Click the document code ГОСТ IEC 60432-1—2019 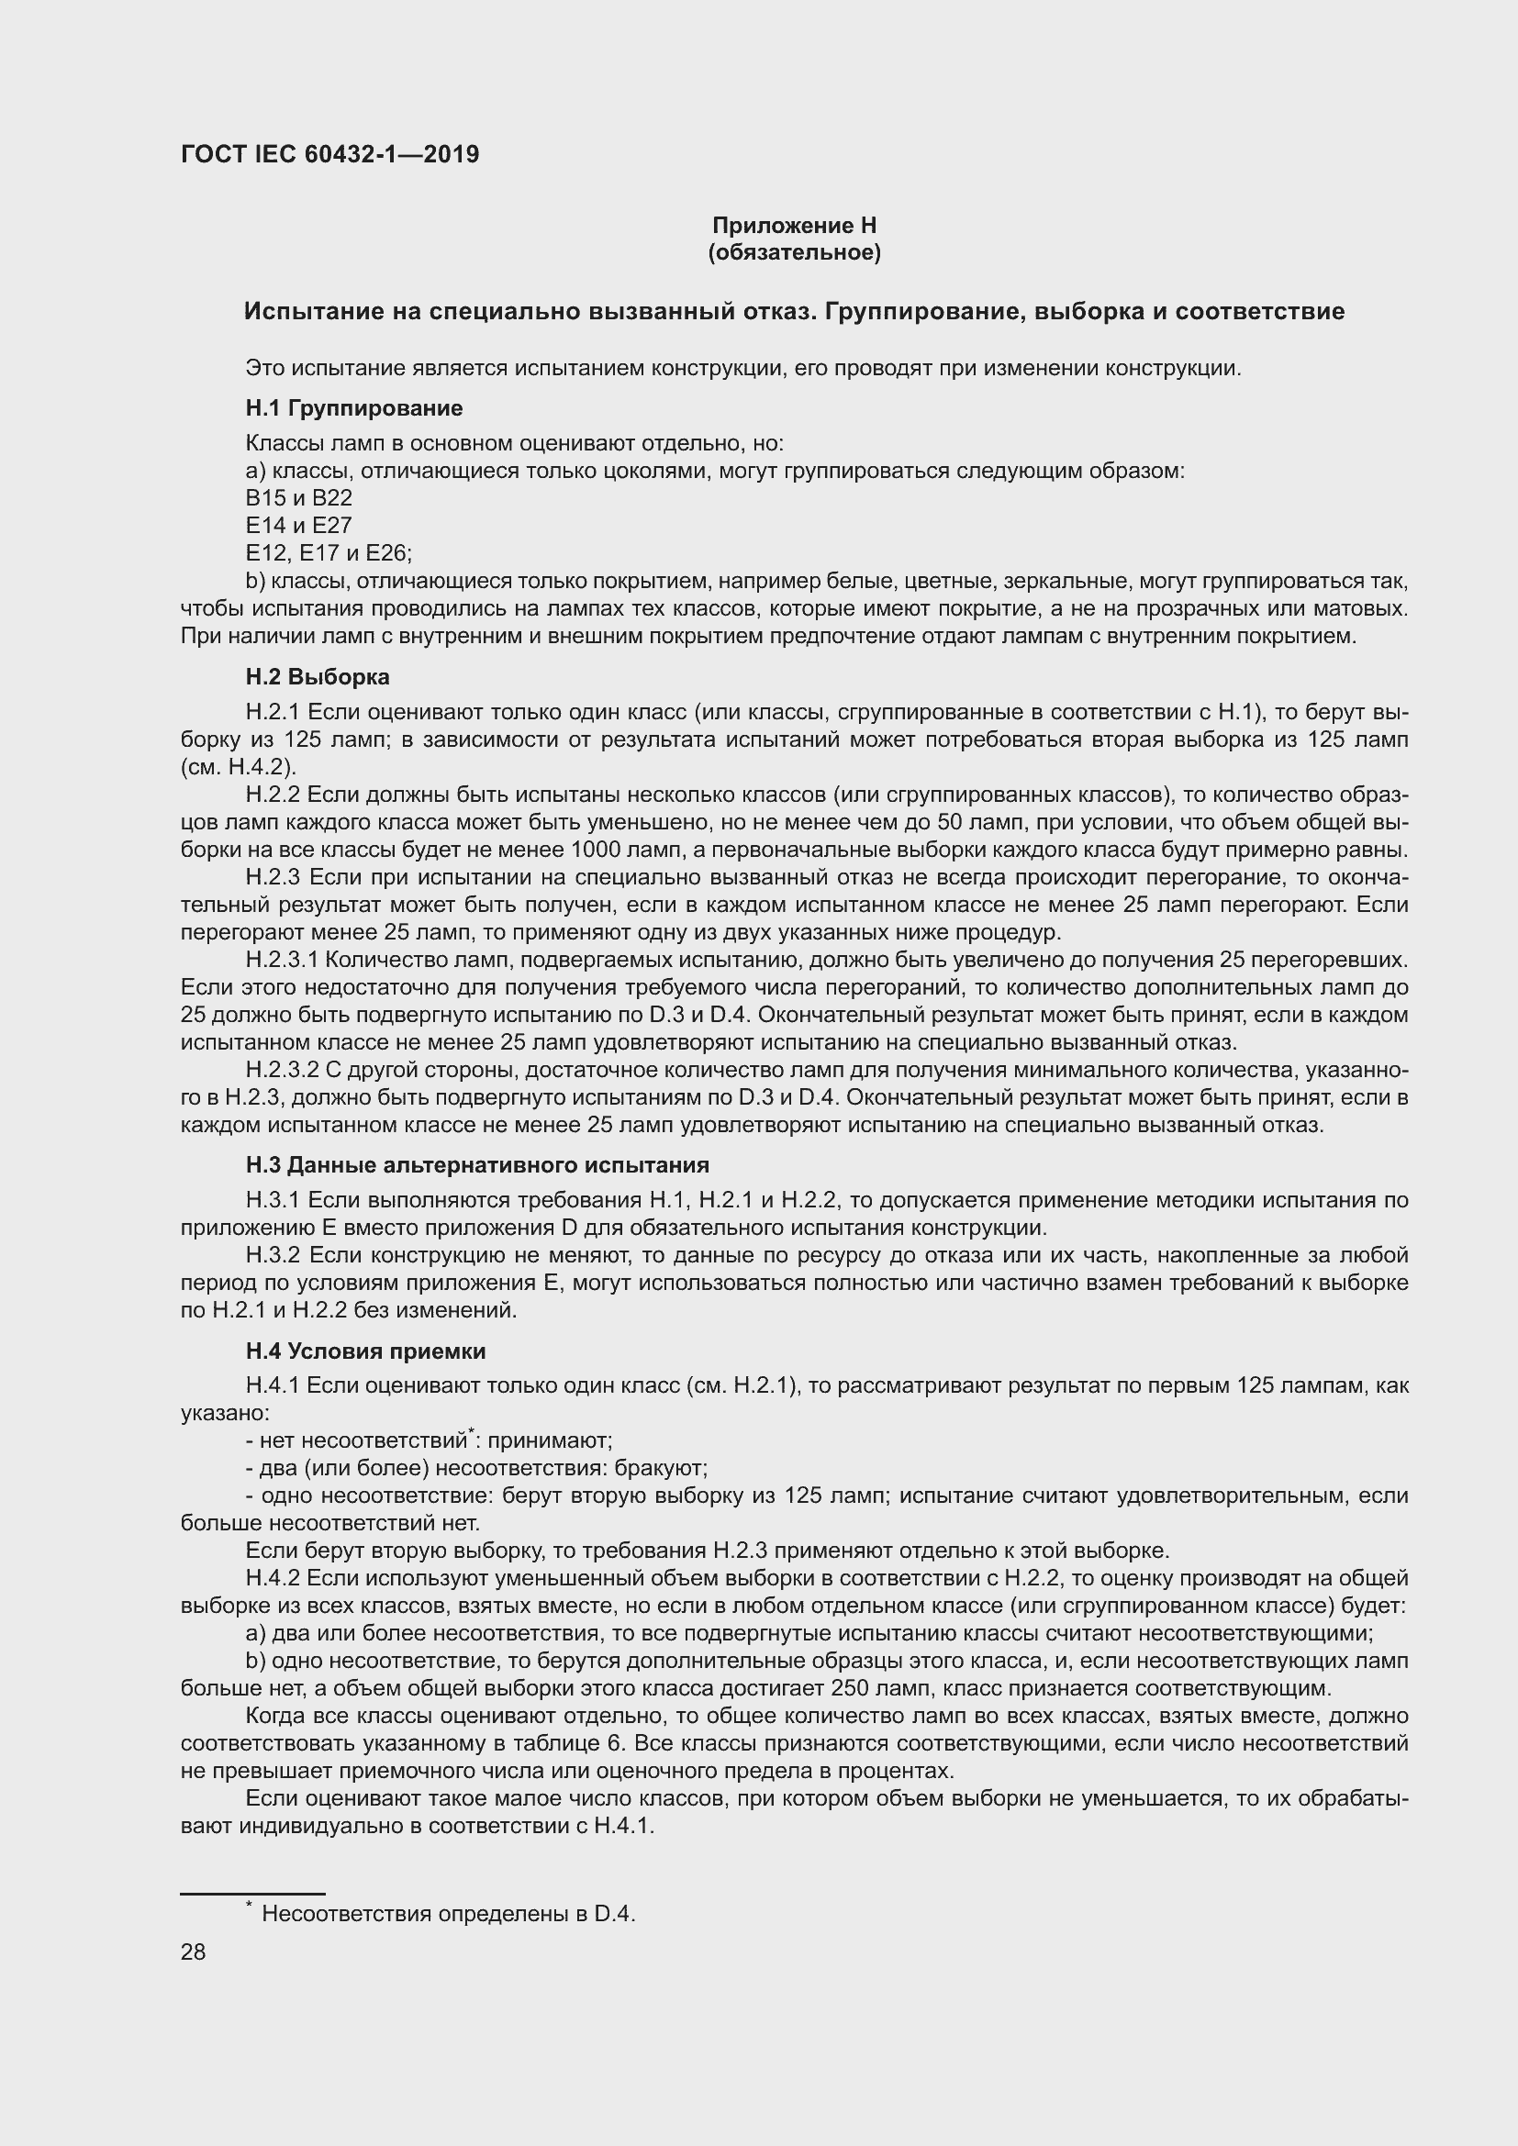click(329, 154)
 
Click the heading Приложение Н click(794, 226)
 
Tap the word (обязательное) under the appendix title click(794, 252)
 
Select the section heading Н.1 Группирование click(354, 407)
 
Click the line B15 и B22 click(298, 498)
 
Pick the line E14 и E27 click(298, 526)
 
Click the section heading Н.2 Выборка click(318, 677)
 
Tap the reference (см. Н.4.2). click(239, 767)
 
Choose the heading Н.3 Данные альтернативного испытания click(476, 1165)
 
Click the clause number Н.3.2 click(273, 1255)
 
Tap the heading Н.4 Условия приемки click(365, 1351)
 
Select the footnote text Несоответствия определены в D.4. click(448, 1914)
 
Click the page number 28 click(194, 1952)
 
